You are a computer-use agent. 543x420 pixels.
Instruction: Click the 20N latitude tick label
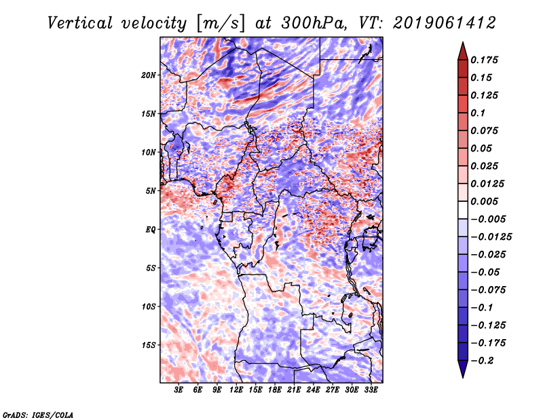click(x=149, y=75)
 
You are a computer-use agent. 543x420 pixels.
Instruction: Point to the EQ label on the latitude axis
click(x=151, y=229)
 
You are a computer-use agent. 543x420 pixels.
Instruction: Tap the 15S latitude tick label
click(x=149, y=345)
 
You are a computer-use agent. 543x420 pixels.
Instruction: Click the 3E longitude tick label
click(x=179, y=390)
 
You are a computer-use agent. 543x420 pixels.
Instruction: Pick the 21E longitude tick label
click(x=295, y=390)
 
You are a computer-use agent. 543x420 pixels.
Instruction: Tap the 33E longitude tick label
click(x=371, y=390)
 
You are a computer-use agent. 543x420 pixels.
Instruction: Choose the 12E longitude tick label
click(x=237, y=390)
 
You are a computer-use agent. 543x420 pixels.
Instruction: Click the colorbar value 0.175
click(x=485, y=60)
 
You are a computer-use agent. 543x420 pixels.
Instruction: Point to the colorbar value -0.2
click(x=485, y=360)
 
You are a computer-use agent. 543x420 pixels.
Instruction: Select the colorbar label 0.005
click(x=485, y=201)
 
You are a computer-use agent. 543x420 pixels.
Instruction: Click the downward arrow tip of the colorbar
click(x=462, y=375)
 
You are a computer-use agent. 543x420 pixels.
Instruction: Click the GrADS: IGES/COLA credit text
click(x=38, y=414)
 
